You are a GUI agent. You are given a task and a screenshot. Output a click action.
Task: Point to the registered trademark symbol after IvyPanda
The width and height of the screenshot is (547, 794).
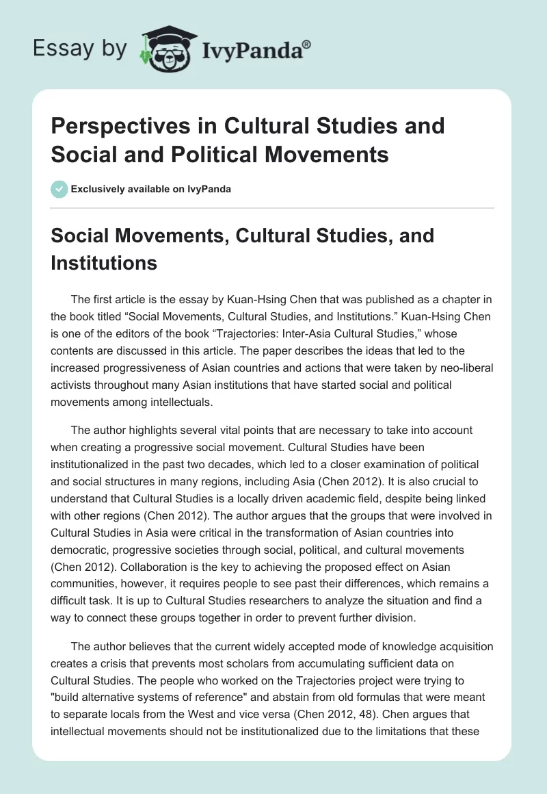[307, 44]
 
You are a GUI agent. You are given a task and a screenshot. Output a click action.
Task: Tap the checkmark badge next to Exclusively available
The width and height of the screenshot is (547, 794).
[59, 189]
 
